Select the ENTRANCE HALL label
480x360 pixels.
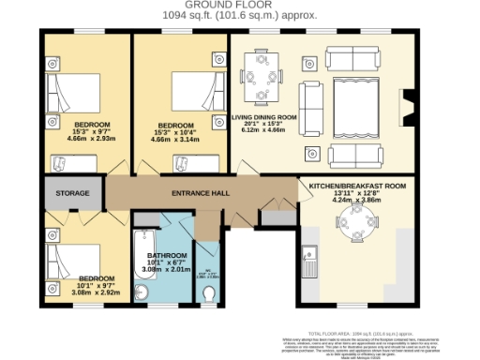click(x=199, y=193)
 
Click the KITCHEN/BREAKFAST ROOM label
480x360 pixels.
click(x=357, y=187)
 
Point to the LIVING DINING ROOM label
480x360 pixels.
click(x=264, y=117)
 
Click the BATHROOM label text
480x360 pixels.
click(x=168, y=255)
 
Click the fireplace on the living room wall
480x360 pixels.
click(x=406, y=107)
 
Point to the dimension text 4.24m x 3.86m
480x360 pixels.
click(x=357, y=200)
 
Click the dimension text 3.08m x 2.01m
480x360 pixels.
click(x=168, y=270)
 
